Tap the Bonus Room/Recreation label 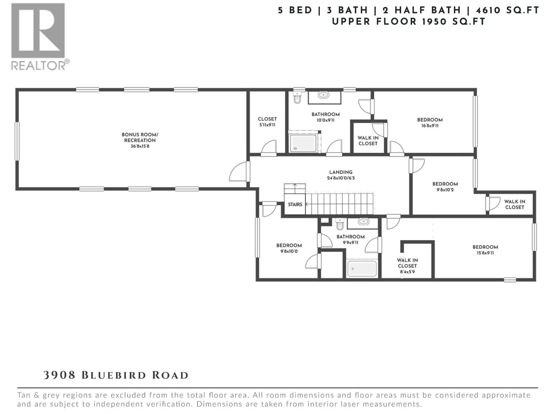tap(140, 137)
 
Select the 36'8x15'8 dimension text tap(140, 146)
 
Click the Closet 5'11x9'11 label tap(267, 122)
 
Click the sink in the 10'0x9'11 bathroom tap(324, 95)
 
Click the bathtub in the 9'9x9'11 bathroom tap(362, 268)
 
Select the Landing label tap(341, 172)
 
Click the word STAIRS tap(295, 205)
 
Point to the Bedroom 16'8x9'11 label tap(430, 122)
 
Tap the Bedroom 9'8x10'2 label tap(445, 187)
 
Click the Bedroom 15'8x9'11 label tap(485, 250)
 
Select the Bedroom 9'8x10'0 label tap(289, 248)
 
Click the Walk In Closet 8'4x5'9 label tap(407, 266)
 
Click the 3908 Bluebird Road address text tap(116, 375)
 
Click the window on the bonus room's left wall tap(17, 141)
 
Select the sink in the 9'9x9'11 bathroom tap(363, 222)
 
